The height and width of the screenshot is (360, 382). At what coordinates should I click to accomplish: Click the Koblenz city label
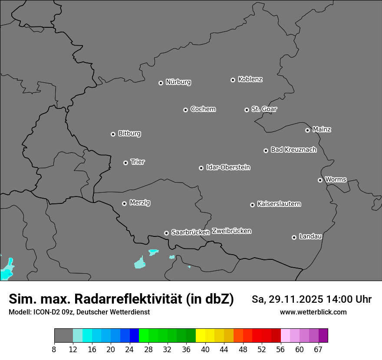(250, 79)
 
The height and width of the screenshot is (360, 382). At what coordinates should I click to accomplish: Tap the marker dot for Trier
(125, 163)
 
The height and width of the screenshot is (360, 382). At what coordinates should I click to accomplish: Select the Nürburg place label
(178, 82)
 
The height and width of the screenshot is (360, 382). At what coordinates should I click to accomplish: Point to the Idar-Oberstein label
(228, 167)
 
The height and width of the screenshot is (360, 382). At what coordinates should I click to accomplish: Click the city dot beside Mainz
(307, 130)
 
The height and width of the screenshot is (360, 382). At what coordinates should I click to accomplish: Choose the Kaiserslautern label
(279, 204)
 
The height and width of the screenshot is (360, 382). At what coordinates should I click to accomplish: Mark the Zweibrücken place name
(231, 231)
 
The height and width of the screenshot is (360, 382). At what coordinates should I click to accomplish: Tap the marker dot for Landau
(294, 237)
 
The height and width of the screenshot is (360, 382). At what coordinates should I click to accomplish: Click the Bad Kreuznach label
(293, 150)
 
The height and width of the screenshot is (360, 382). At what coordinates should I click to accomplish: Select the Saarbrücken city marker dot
(166, 233)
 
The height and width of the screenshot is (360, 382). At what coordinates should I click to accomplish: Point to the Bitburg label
(129, 134)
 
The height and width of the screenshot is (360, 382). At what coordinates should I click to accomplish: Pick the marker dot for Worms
(320, 180)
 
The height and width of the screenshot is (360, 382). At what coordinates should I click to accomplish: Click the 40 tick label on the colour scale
(205, 349)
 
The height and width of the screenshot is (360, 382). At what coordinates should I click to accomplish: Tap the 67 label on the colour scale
(318, 349)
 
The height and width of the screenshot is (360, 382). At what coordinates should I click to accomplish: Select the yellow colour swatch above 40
(201, 336)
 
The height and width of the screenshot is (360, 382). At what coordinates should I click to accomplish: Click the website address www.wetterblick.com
(313, 312)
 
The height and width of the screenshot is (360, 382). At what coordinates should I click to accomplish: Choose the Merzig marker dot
(124, 203)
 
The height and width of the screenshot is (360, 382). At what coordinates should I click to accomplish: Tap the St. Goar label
(264, 109)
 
